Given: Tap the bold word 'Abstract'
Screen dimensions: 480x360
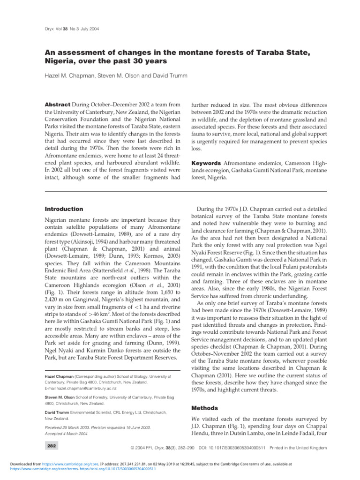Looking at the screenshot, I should pyautogui.click(x=57, y=104).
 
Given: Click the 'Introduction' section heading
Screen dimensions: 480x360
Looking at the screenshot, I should pyautogui.click(x=64, y=209).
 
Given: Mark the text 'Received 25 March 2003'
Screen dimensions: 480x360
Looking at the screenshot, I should pyautogui.click(x=71, y=427).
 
